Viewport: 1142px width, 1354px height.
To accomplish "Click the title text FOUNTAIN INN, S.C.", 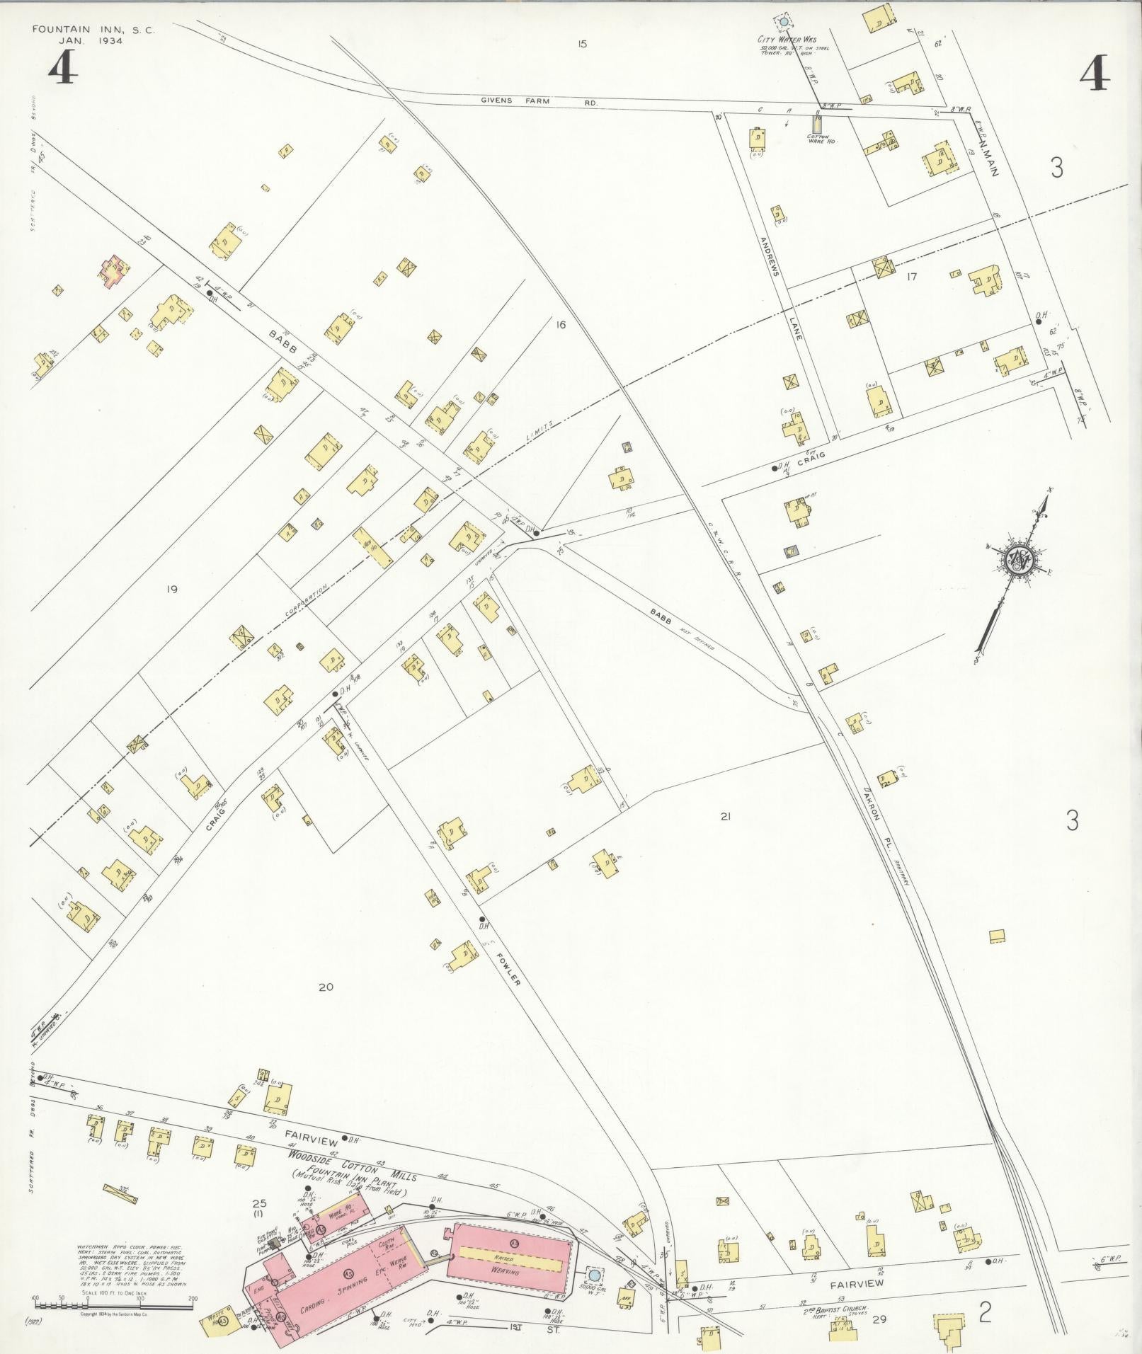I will (92, 30).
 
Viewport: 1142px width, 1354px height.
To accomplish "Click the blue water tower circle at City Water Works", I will (784, 22).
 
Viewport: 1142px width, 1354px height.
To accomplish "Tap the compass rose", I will (1020, 560).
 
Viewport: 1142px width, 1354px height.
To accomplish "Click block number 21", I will (724, 816).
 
